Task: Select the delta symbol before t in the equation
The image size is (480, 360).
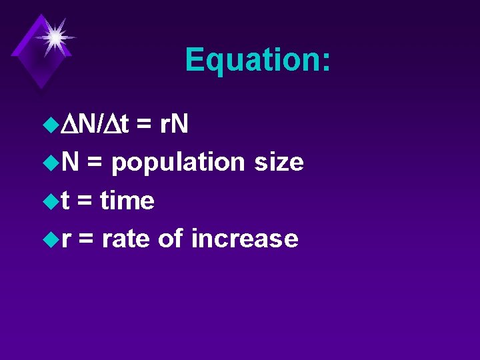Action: [x=112, y=123]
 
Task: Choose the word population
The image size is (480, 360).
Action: [x=178, y=162]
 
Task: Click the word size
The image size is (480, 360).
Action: [x=279, y=162]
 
